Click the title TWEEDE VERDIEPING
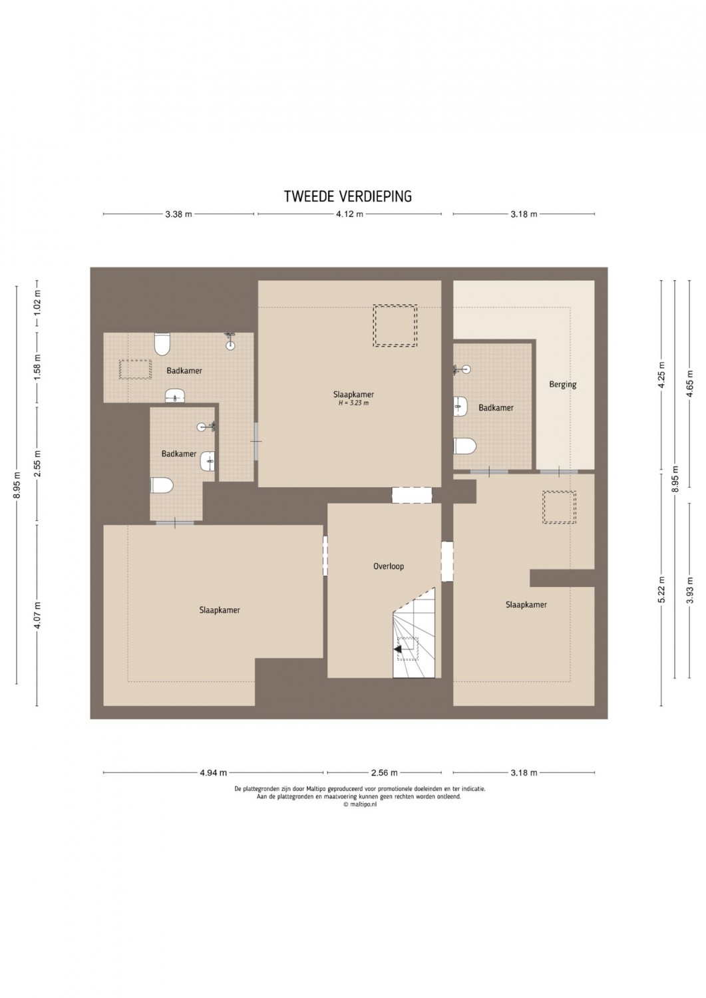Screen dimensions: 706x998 click(348, 196)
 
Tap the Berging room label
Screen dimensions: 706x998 click(562, 384)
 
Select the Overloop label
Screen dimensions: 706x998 click(389, 566)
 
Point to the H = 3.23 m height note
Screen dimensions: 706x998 click(353, 403)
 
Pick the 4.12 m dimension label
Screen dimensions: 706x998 click(350, 214)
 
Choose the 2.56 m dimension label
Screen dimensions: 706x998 click(384, 772)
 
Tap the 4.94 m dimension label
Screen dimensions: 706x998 click(214, 772)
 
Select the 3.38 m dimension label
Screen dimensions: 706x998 click(179, 214)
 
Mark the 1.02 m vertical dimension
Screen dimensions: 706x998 click(37, 303)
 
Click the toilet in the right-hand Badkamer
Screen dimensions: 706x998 click(465, 446)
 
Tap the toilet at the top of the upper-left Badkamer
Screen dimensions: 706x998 click(162, 344)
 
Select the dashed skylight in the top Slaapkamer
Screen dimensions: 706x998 click(395, 325)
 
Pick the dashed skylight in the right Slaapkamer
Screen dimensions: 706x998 click(559, 507)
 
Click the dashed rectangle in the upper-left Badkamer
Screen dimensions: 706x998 click(136, 369)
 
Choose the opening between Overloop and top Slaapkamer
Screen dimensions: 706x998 click(412, 496)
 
